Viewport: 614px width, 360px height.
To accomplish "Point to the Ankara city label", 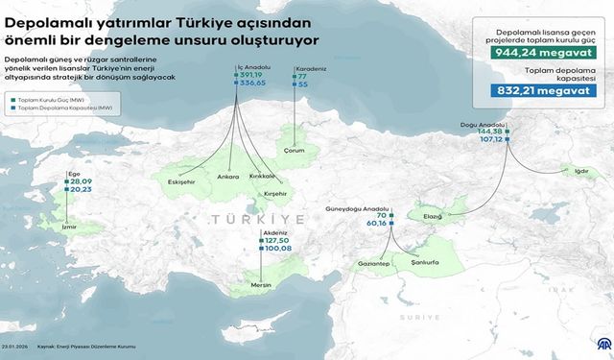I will [x=228, y=177].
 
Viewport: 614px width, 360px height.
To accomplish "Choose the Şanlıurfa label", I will [x=425, y=261].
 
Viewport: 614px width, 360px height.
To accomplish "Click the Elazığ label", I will [x=433, y=216].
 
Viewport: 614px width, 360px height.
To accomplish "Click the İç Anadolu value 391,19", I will [x=252, y=75].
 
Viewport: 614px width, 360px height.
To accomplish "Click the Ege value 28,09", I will [x=81, y=180].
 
